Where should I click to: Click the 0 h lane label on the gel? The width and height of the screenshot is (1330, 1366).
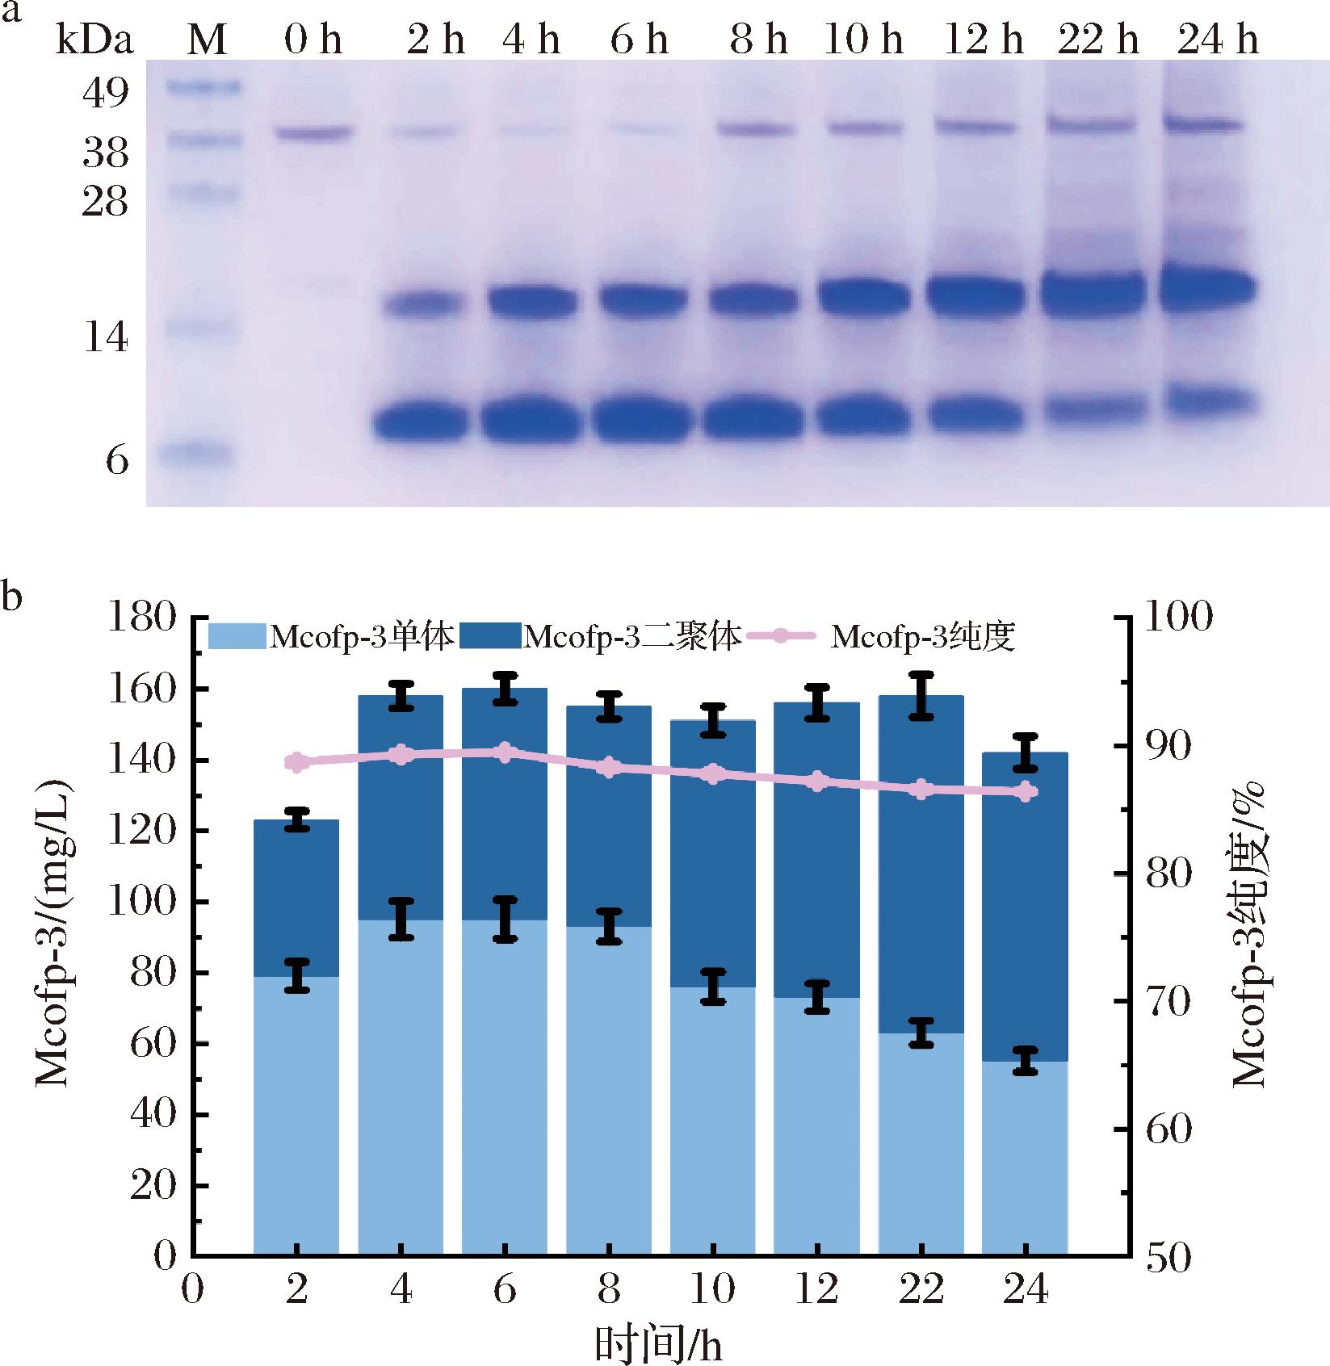[313, 40]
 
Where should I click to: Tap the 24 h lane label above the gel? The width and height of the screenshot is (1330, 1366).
[1217, 40]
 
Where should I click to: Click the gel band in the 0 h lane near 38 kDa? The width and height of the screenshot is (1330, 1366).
[313, 132]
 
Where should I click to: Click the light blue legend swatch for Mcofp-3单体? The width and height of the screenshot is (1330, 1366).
[237, 636]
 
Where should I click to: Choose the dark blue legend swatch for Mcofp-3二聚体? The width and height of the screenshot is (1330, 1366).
[490, 636]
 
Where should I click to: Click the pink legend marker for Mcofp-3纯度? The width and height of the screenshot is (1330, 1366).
[782, 636]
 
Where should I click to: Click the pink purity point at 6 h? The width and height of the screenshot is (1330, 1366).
[505, 753]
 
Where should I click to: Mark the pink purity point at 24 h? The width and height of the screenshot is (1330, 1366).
[1025, 793]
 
